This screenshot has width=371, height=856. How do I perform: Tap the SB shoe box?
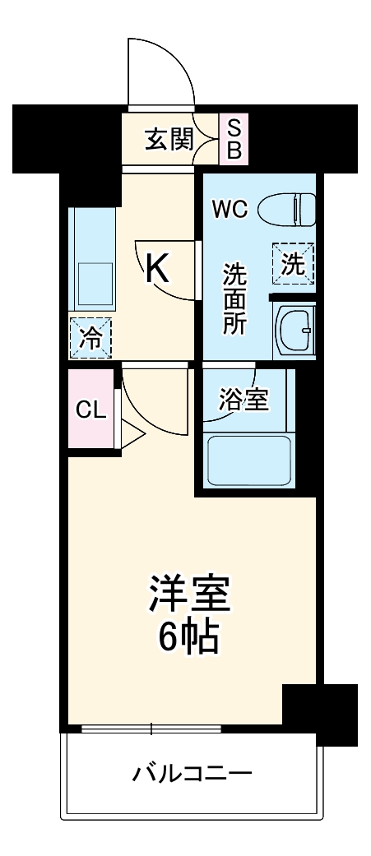pos(234,139)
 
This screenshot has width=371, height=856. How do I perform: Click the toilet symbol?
pos(287,210)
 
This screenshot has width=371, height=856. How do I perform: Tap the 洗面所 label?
pos(235,298)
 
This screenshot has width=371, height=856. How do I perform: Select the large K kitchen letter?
pos(158,268)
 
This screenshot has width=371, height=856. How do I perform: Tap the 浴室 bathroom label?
pos(244,400)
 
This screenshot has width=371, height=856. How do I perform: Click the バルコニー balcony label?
pos(192,774)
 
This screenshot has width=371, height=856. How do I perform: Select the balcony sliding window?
pos(151,728)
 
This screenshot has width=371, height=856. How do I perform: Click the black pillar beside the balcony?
pos(320,712)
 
